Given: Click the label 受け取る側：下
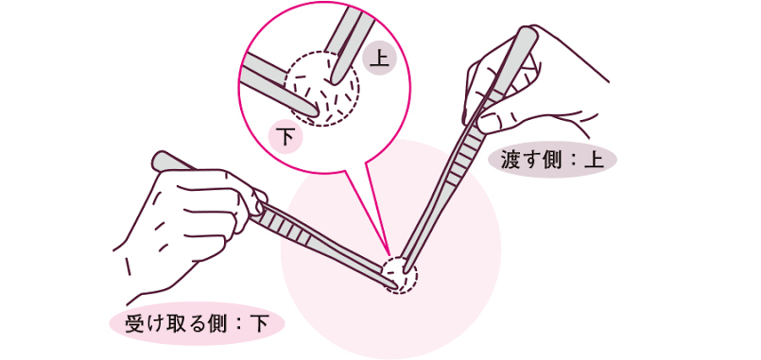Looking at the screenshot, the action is tap(196, 323).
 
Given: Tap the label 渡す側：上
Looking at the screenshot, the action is tap(552, 161).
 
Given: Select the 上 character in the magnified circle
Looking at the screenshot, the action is tap(378, 60).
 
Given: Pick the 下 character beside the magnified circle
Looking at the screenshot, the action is tap(285, 137).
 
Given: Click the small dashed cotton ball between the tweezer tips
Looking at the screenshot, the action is tap(399, 275).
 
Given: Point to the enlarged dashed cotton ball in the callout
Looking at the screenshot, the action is tap(321, 88).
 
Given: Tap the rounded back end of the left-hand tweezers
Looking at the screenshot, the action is tap(162, 161).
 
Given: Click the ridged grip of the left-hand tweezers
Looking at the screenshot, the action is tap(285, 229).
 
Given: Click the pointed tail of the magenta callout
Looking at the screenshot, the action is tap(389, 253).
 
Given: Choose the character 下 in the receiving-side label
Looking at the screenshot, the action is tap(259, 323).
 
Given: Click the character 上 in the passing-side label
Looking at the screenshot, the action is tap(595, 161).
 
